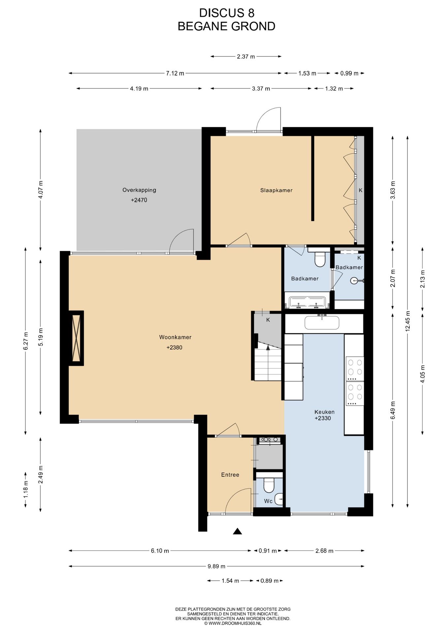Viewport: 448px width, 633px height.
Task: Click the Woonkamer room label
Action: click(x=175, y=337)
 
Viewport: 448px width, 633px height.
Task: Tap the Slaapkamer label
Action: click(x=276, y=190)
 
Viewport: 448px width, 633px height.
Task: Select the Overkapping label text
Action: click(x=139, y=190)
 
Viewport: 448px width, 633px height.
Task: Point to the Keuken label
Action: click(x=324, y=412)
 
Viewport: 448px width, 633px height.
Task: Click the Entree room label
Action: click(x=230, y=475)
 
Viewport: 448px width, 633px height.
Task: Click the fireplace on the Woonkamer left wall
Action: click(x=76, y=338)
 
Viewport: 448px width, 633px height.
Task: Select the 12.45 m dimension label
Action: click(x=408, y=321)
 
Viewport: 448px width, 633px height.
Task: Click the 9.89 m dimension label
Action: click(x=216, y=566)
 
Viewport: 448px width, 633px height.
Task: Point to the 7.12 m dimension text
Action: click(x=175, y=73)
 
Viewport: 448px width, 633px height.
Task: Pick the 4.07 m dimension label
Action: click(x=40, y=190)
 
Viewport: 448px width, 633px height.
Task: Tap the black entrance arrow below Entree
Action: click(x=237, y=531)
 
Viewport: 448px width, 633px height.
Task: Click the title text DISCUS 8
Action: click(x=227, y=13)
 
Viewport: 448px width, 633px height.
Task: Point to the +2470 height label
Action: click(x=139, y=200)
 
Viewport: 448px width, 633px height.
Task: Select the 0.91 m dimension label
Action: click(x=268, y=551)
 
